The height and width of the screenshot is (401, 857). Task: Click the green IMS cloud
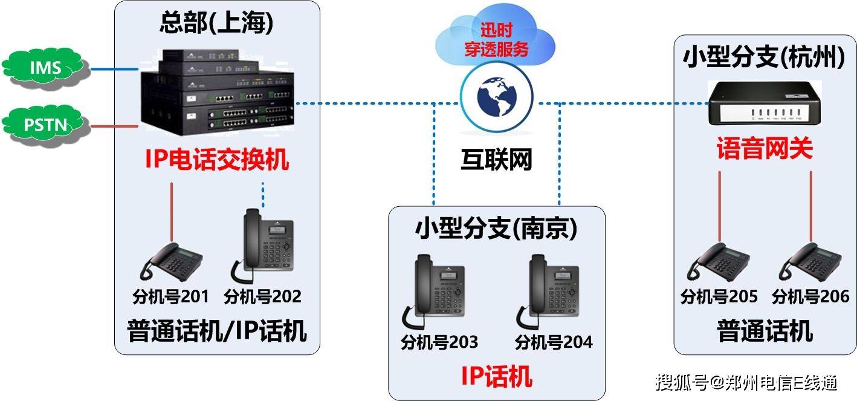click(46, 68)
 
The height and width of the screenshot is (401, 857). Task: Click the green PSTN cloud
click(46, 125)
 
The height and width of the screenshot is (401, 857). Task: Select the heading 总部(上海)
click(216, 23)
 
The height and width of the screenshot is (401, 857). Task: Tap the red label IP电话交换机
click(216, 160)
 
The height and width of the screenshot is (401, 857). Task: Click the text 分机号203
click(439, 342)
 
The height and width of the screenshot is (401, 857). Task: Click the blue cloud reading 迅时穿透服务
click(496, 39)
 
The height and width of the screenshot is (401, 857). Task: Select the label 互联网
click(496, 160)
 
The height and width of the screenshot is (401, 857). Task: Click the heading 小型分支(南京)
click(496, 229)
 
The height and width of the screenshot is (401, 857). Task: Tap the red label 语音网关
click(765, 148)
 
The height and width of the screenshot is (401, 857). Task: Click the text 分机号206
click(810, 297)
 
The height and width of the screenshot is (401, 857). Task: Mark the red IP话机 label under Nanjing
click(496, 376)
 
